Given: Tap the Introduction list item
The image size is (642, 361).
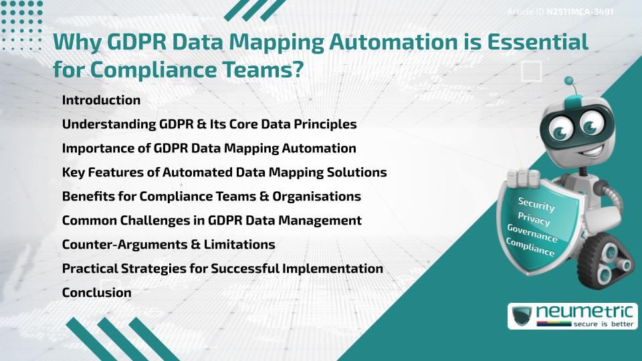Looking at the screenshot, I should click(101, 100).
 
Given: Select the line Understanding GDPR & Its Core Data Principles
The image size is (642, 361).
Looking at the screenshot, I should click(209, 124).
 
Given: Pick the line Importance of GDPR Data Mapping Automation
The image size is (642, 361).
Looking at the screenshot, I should click(209, 148).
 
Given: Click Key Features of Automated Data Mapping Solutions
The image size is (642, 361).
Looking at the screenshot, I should click(224, 172).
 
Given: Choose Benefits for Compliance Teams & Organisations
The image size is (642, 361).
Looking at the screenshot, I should click(211, 197).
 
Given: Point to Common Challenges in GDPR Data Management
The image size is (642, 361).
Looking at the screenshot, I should click(211, 221).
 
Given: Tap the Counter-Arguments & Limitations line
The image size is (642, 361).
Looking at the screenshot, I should click(168, 245).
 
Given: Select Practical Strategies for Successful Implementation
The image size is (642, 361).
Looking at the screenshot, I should click(222, 269).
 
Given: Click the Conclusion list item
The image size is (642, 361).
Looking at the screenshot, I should click(96, 293).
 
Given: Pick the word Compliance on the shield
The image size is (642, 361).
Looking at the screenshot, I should click(530, 248).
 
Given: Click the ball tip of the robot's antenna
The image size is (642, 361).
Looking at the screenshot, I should click(569, 82).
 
